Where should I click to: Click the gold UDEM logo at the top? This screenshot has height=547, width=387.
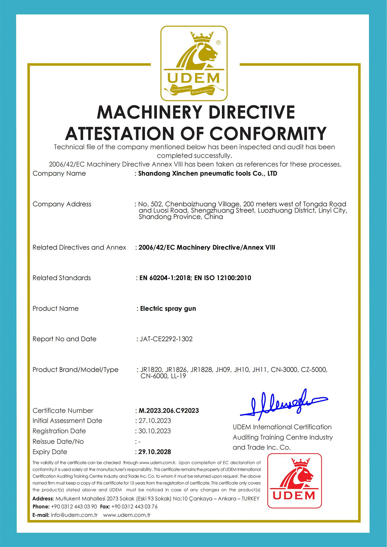point(194,64)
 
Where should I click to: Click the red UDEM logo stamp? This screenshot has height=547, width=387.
point(294,481)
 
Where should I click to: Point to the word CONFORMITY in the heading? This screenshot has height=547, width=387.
point(268,134)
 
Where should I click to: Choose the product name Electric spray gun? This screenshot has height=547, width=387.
point(168,309)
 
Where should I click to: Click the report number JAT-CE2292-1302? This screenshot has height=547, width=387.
point(166,339)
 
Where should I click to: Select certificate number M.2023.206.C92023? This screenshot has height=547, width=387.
point(169,411)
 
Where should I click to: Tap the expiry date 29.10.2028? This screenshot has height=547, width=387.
point(155,452)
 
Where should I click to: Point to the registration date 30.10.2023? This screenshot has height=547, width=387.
point(155,431)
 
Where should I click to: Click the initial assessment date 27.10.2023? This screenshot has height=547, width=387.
point(155,421)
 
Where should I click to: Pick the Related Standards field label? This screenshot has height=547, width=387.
point(62,278)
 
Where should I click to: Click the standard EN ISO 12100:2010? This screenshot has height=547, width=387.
point(223,278)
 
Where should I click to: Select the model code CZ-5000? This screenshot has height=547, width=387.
point(314,370)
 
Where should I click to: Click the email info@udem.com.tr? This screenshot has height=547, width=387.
point(74,515)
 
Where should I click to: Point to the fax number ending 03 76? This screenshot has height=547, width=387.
point(134,507)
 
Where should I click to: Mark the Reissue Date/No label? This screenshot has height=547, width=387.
point(58,442)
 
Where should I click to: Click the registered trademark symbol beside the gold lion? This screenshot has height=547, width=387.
point(218,43)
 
